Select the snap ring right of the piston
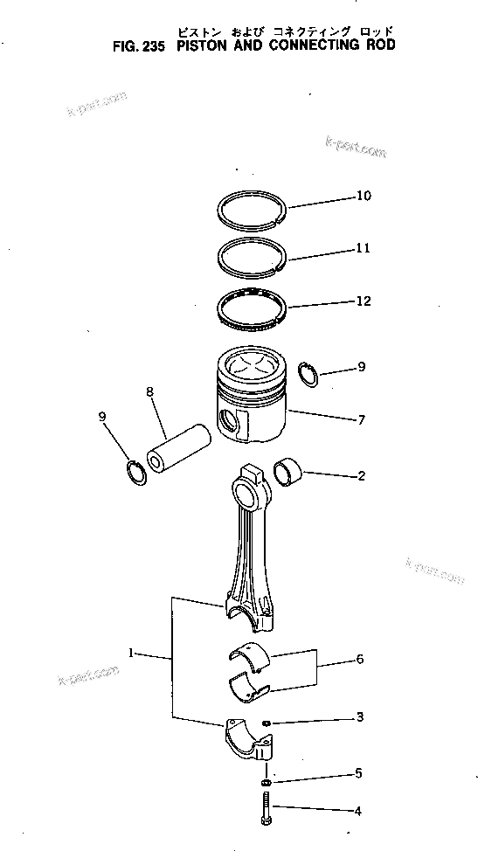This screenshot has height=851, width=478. (x=308, y=373)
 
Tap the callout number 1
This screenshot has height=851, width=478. (x=131, y=652)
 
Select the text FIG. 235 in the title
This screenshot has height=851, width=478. (x=142, y=45)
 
